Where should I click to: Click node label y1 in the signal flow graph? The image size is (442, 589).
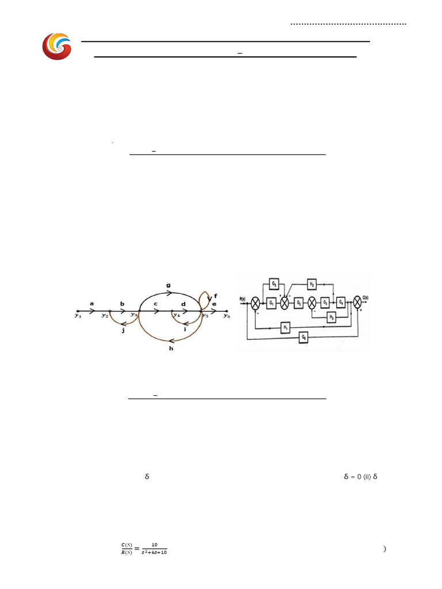point(78,316)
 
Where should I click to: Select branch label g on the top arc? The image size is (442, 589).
point(167,284)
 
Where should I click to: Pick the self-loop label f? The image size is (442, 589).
point(215,296)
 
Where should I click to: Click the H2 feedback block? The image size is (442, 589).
point(311,284)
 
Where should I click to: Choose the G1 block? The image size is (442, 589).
point(271,303)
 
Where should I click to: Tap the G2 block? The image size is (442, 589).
point(299,303)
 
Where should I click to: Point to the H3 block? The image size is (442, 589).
point(331,317)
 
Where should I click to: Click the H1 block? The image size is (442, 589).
point(285,327)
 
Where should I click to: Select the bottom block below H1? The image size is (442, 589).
point(303,339)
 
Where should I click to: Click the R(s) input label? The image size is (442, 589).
point(243,299)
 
